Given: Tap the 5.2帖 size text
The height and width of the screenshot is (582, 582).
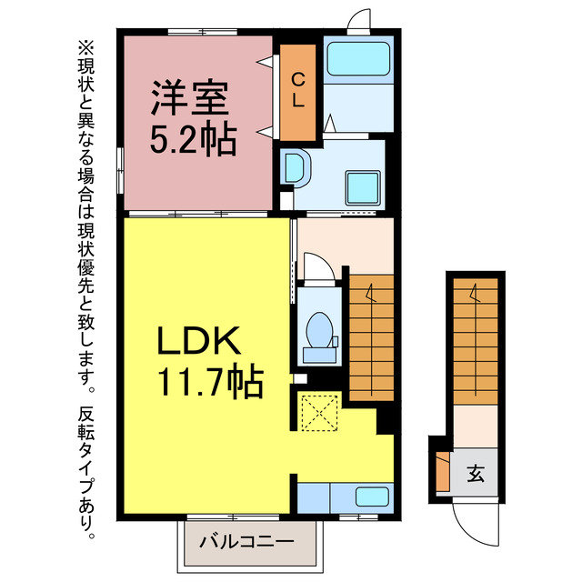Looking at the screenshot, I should (194, 139).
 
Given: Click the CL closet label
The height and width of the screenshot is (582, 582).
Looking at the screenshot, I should (297, 92).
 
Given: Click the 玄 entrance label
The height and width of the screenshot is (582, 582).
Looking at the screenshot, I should (476, 473).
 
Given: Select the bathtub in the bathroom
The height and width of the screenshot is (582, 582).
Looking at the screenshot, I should (357, 60).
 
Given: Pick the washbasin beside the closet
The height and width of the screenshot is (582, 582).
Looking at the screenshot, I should (295, 167).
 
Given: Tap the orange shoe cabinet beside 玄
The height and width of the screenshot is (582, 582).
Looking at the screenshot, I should (442, 470).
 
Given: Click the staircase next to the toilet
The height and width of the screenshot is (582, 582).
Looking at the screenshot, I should (370, 336).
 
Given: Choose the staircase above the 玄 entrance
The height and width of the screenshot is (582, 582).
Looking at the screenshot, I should (474, 341).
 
